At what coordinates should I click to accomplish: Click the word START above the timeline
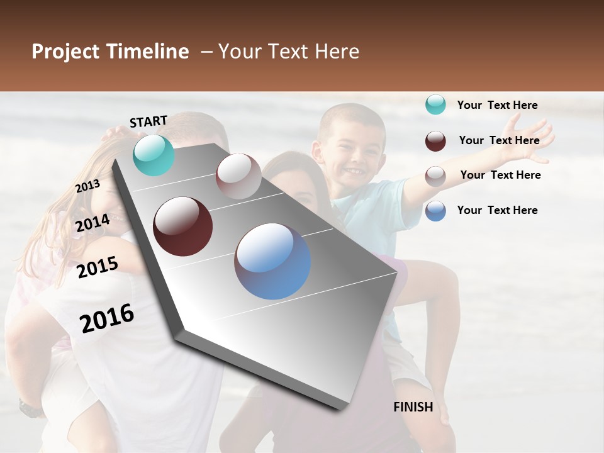click(x=148, y=121)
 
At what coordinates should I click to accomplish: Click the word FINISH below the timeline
click(x=413, y=407)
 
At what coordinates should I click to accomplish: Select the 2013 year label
click(x=87, y=186)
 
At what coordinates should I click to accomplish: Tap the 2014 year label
click(x=93, y=223)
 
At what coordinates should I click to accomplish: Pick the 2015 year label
click(x=98, y=267)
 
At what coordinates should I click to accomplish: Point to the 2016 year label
click(x=107, y=318)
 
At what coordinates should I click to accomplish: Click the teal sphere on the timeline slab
click(x=154, y=155)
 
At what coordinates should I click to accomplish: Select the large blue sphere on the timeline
click(x=272, y=261)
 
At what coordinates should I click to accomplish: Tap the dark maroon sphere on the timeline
click(x=183, y=226)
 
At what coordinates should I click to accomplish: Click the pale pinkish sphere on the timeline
click(x=238, y=176)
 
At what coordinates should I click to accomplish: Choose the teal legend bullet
click(x=435, y=105)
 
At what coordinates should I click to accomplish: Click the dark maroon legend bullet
click(x=435, y=141)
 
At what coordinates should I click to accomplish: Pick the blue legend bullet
click(x=435, y=211)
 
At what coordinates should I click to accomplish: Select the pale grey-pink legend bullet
click(x=435, y=176)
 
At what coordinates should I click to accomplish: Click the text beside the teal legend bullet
click(x=497, y=105)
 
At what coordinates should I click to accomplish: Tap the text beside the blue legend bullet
click(x=497, y=210)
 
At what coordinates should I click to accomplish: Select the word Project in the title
click(x=65, y=52)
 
